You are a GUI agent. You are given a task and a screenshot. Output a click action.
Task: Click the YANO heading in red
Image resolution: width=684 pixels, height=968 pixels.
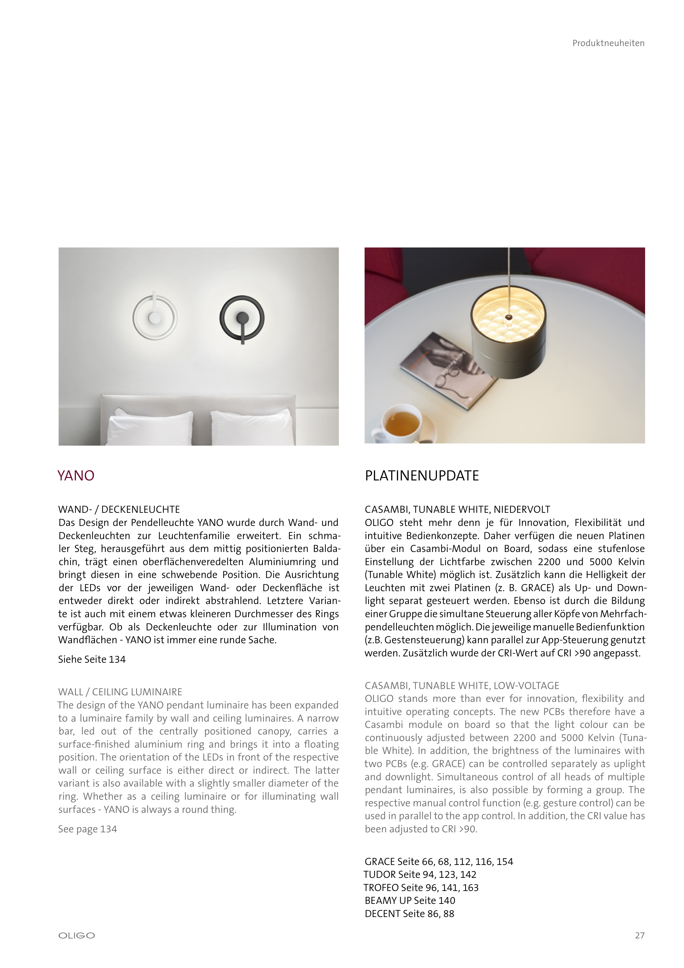76,476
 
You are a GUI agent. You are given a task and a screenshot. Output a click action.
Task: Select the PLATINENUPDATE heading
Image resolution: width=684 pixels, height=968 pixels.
422,476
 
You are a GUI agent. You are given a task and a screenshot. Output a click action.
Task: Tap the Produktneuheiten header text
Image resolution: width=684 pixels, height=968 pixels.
608,43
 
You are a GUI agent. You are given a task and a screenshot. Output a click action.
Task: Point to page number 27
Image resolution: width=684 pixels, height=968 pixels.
639,936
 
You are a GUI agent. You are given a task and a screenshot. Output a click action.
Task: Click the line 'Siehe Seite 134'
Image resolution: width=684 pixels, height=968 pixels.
92,659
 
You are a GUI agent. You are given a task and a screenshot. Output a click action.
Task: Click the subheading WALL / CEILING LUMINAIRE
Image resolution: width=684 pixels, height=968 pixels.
120,692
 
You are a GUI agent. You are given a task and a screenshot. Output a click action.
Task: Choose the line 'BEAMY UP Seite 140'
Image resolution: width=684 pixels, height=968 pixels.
410,901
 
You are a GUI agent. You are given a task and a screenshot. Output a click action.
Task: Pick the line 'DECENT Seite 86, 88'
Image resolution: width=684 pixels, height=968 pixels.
409,914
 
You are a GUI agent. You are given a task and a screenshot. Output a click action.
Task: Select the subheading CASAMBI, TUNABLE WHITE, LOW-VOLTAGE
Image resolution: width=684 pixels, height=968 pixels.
462,685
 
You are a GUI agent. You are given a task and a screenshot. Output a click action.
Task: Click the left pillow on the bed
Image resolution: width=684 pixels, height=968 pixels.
150,428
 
